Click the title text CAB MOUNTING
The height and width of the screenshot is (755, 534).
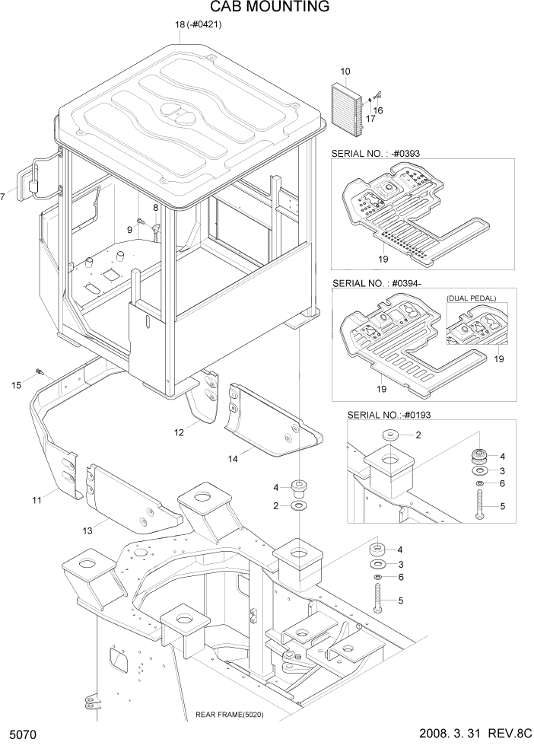coord(259,8)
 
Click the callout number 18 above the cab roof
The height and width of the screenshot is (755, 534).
coord(180,24)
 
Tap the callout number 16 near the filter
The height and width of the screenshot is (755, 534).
coord(377,110)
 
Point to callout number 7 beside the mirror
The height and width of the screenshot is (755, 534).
coord(3,197)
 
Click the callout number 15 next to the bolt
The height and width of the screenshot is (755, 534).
coord(16,385)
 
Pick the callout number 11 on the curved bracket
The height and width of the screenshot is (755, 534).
coord(37,499)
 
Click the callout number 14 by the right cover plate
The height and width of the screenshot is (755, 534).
coord(233,459)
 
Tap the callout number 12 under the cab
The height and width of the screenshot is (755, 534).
coord(179,432)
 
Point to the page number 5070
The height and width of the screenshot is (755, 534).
coord(24,737)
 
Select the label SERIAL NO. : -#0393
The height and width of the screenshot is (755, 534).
coord(375,153)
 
